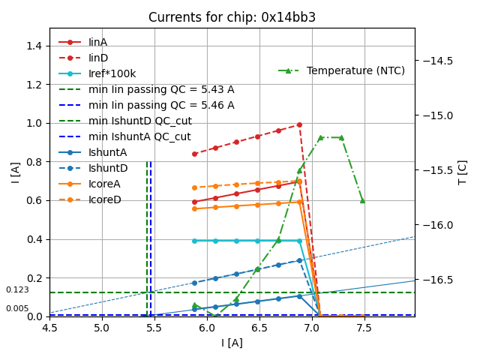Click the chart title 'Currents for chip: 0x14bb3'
[232, 17]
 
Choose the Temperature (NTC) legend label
[355, 70]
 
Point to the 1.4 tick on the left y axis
[33, 46]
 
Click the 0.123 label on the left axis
[17, 290]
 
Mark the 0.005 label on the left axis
[17, 309]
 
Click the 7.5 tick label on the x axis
[364, 328]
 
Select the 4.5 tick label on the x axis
[49, 328]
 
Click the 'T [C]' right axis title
[463, 172]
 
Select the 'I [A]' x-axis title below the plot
[232, 343]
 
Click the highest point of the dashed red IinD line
[299, 124]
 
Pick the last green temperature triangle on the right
[362, 200]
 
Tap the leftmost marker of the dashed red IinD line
[194, 154]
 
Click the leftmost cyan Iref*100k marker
[194, 241]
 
